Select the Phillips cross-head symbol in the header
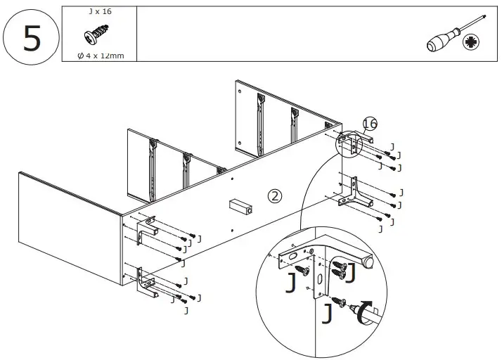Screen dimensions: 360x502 (x=472, y=43)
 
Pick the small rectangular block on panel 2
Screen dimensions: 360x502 (x=239, y=207)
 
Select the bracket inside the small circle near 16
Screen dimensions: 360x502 (x=347, y=144)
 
